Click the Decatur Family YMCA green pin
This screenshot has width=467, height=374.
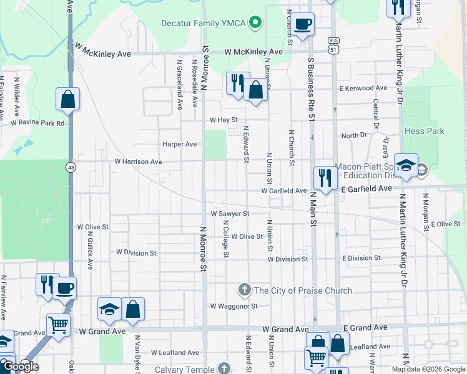(x=255, y=24)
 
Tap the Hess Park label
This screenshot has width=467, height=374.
(x=424, y=132)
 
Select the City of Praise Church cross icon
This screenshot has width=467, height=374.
(x=244, y=290)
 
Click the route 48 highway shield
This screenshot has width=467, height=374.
(x=71, y=167)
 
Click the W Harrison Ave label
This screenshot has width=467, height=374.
(x=137, y=161)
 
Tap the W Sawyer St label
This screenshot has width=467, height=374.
(x=230, y=213)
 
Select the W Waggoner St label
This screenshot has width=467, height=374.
(x=234, y=306)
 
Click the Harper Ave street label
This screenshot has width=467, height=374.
(x=179, y=144)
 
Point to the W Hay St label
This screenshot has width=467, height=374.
(x=224, y=120)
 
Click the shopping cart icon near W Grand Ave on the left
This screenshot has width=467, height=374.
(x=58, y=324)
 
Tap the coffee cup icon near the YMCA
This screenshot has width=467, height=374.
(x=303, y=24)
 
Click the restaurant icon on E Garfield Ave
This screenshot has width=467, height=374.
(x=324, y=177)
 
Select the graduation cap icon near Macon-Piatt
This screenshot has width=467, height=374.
(x=406, y=165)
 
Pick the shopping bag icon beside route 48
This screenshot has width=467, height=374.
(x=67, y=98)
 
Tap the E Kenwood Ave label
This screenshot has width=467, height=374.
(x=363, y=89)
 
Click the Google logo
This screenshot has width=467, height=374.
(x=21, y=367)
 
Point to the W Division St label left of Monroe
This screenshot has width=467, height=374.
(x=136, y=252)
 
